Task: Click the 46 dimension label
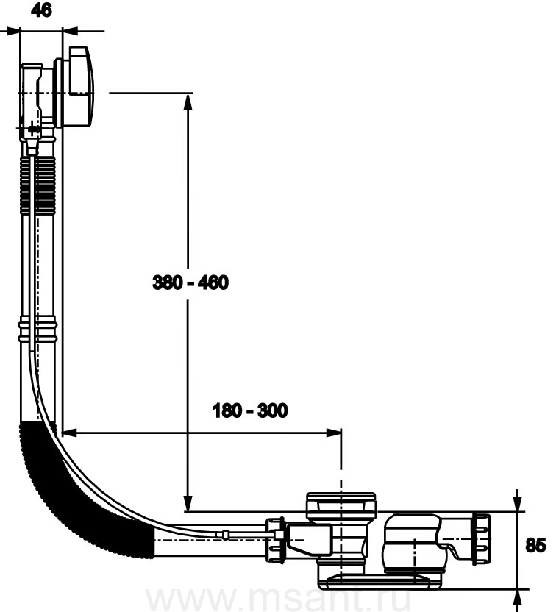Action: click(41, 10)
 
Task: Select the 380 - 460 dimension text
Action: click(190, 282)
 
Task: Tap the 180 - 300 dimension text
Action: click(250, 410)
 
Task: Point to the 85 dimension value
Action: click(535, 545)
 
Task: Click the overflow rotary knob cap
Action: click(81, 87)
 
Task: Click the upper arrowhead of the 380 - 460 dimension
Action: click(188, 102)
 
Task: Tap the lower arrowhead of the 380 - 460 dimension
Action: click(188, 502)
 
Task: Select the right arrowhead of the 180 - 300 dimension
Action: click(333, 433)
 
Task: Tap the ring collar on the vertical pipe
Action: click(38, 330)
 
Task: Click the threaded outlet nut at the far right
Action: click(482, 539)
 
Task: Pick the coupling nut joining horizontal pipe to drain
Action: click(276, 540)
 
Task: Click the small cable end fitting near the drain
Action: click(226, 534)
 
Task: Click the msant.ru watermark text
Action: click(278, 599)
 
